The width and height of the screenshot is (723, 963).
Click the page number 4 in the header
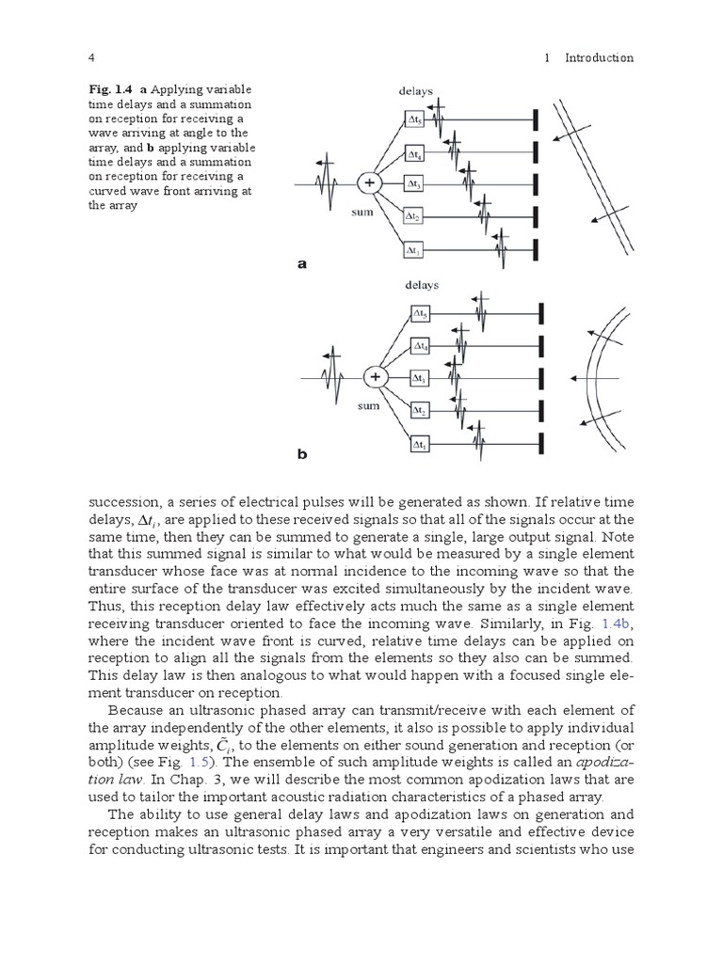pos(91,58)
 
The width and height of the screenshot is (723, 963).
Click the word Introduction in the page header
pos(599,58)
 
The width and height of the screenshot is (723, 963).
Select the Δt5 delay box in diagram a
pos(416,119)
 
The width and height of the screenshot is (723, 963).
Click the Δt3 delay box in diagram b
pos(420,378)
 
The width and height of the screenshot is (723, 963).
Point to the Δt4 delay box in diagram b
pos(420,346)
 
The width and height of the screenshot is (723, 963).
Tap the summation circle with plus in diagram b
pos(375,377)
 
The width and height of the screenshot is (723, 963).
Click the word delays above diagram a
pos(416,92)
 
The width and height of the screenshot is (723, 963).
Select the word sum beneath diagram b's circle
pos(368,409)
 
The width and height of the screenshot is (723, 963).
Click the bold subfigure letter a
pos(303,264)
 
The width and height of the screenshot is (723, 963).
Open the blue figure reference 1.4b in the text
pos(620,624)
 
